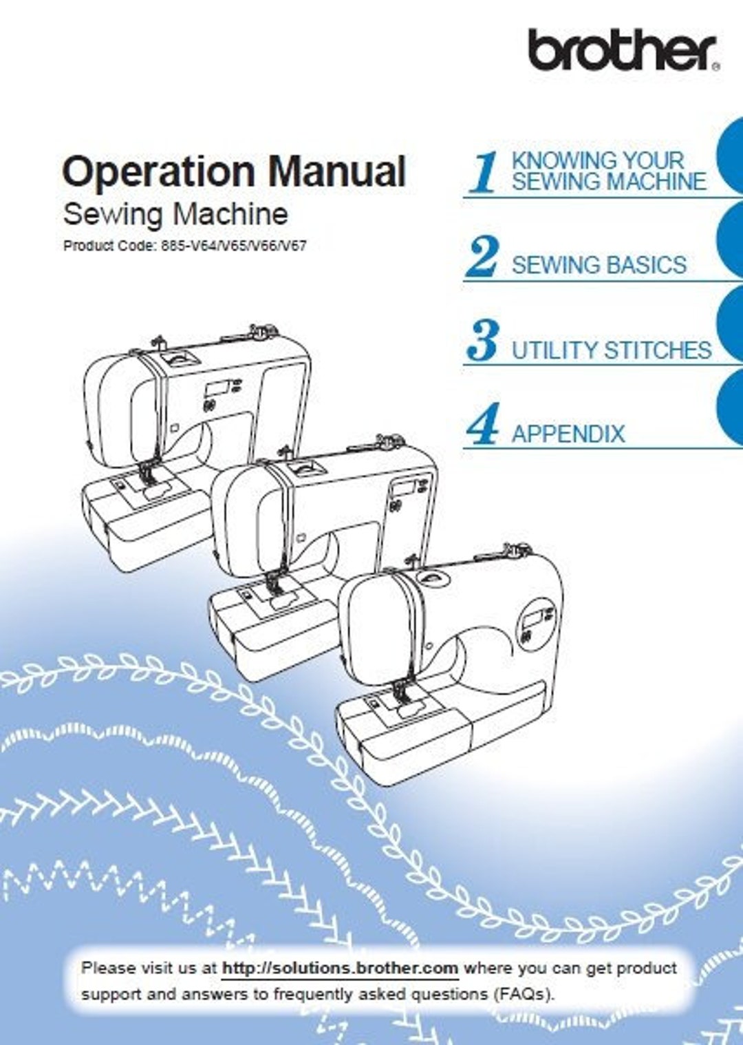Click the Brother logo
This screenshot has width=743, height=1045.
(622, 50)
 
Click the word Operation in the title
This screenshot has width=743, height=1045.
(159, 171)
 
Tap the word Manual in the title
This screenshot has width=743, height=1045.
(336, 171)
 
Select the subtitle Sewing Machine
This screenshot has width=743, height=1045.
(175, 214)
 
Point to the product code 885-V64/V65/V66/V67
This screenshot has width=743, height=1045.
(233, 246)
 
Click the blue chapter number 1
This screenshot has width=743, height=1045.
(484, 173)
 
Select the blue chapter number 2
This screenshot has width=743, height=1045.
(482, 257)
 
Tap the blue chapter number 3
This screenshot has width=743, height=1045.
(482, 341)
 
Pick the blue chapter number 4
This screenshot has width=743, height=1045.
(482, 425)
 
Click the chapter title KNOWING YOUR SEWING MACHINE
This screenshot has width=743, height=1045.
(608, 171)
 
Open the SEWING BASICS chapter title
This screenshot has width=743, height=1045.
(599, 265)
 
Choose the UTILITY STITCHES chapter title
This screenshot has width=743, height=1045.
(611, 350)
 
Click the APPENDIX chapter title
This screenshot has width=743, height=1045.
(568, 434)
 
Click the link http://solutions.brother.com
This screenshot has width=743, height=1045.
(340, 968)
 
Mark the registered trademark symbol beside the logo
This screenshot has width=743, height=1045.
(716, 66)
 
